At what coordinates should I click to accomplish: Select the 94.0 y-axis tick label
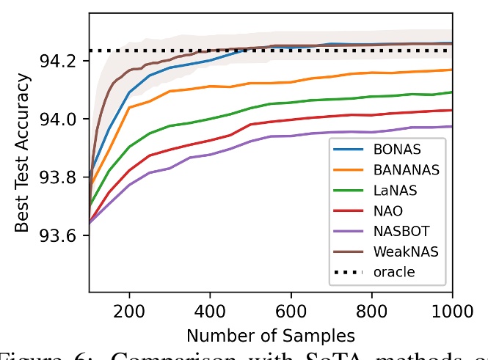coord(65,119)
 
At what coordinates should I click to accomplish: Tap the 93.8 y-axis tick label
coord(65,177)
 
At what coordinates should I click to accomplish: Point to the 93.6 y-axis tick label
coord(65,236)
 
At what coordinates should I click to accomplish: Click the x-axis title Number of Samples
coord(271,336)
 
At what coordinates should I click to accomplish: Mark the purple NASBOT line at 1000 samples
coord(451,126)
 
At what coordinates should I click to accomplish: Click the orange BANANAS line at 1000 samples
coord(451,70)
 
